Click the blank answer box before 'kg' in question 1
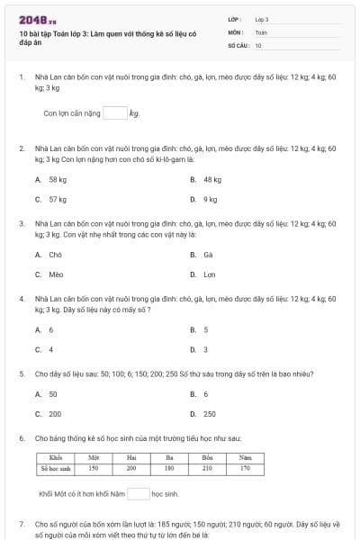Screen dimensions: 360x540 (x=114, y=113)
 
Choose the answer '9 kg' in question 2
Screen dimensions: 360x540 (x=210, y=199)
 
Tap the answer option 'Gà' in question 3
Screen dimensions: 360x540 (x=208, y=255)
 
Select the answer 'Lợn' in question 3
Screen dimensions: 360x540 (x=210, y=274)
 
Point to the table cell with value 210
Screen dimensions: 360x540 (x=208, y=468)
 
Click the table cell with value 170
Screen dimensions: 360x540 (x=245, y=468)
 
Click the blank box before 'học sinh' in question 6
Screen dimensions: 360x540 (x=138, y=493)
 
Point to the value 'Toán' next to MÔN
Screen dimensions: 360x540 (x=261, y=31)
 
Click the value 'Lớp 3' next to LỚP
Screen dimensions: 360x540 (x=262, y=19)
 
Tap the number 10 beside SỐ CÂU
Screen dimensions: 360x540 (x=258, y=44)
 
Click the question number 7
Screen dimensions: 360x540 (x=22, y=523)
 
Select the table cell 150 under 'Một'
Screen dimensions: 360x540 (x=93, y=468)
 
